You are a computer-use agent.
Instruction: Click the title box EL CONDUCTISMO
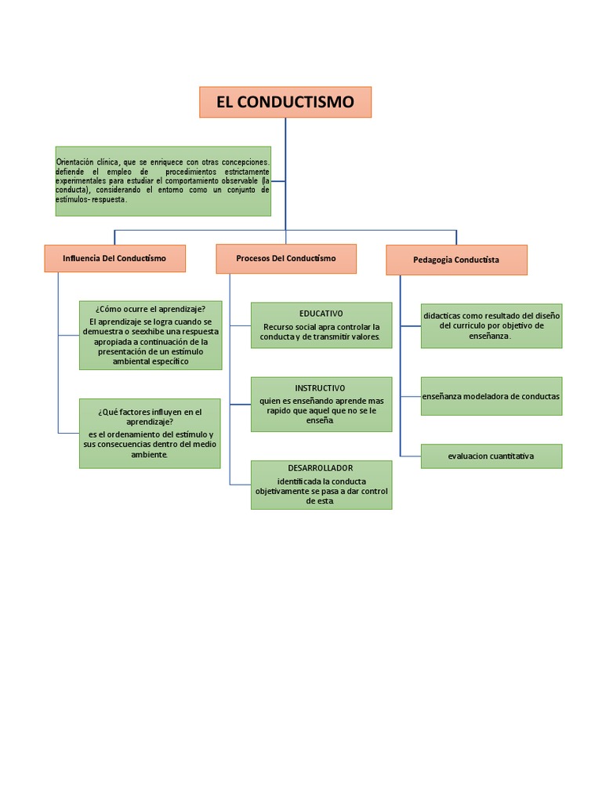point(285,102)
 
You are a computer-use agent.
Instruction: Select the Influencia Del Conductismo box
point(114,258)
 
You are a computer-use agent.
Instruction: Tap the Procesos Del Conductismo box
point(286,258)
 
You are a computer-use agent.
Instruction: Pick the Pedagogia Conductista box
point(456,260)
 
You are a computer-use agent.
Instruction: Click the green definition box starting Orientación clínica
point(163,180)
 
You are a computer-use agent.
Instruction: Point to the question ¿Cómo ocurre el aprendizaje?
point(150,310)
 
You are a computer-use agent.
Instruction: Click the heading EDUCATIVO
point(321,313)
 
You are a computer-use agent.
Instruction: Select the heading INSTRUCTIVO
point(320,388)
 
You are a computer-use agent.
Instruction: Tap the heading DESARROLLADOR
point(321,468)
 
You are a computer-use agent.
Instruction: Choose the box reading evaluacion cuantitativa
point(491,456)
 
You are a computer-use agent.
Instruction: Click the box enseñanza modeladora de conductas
point(491,396)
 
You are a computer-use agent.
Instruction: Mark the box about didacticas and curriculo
point(491,325)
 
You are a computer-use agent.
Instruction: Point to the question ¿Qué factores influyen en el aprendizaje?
point(150,416)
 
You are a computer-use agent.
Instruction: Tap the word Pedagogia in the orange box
point(433,260)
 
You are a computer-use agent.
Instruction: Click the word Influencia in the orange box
point(82,258)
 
